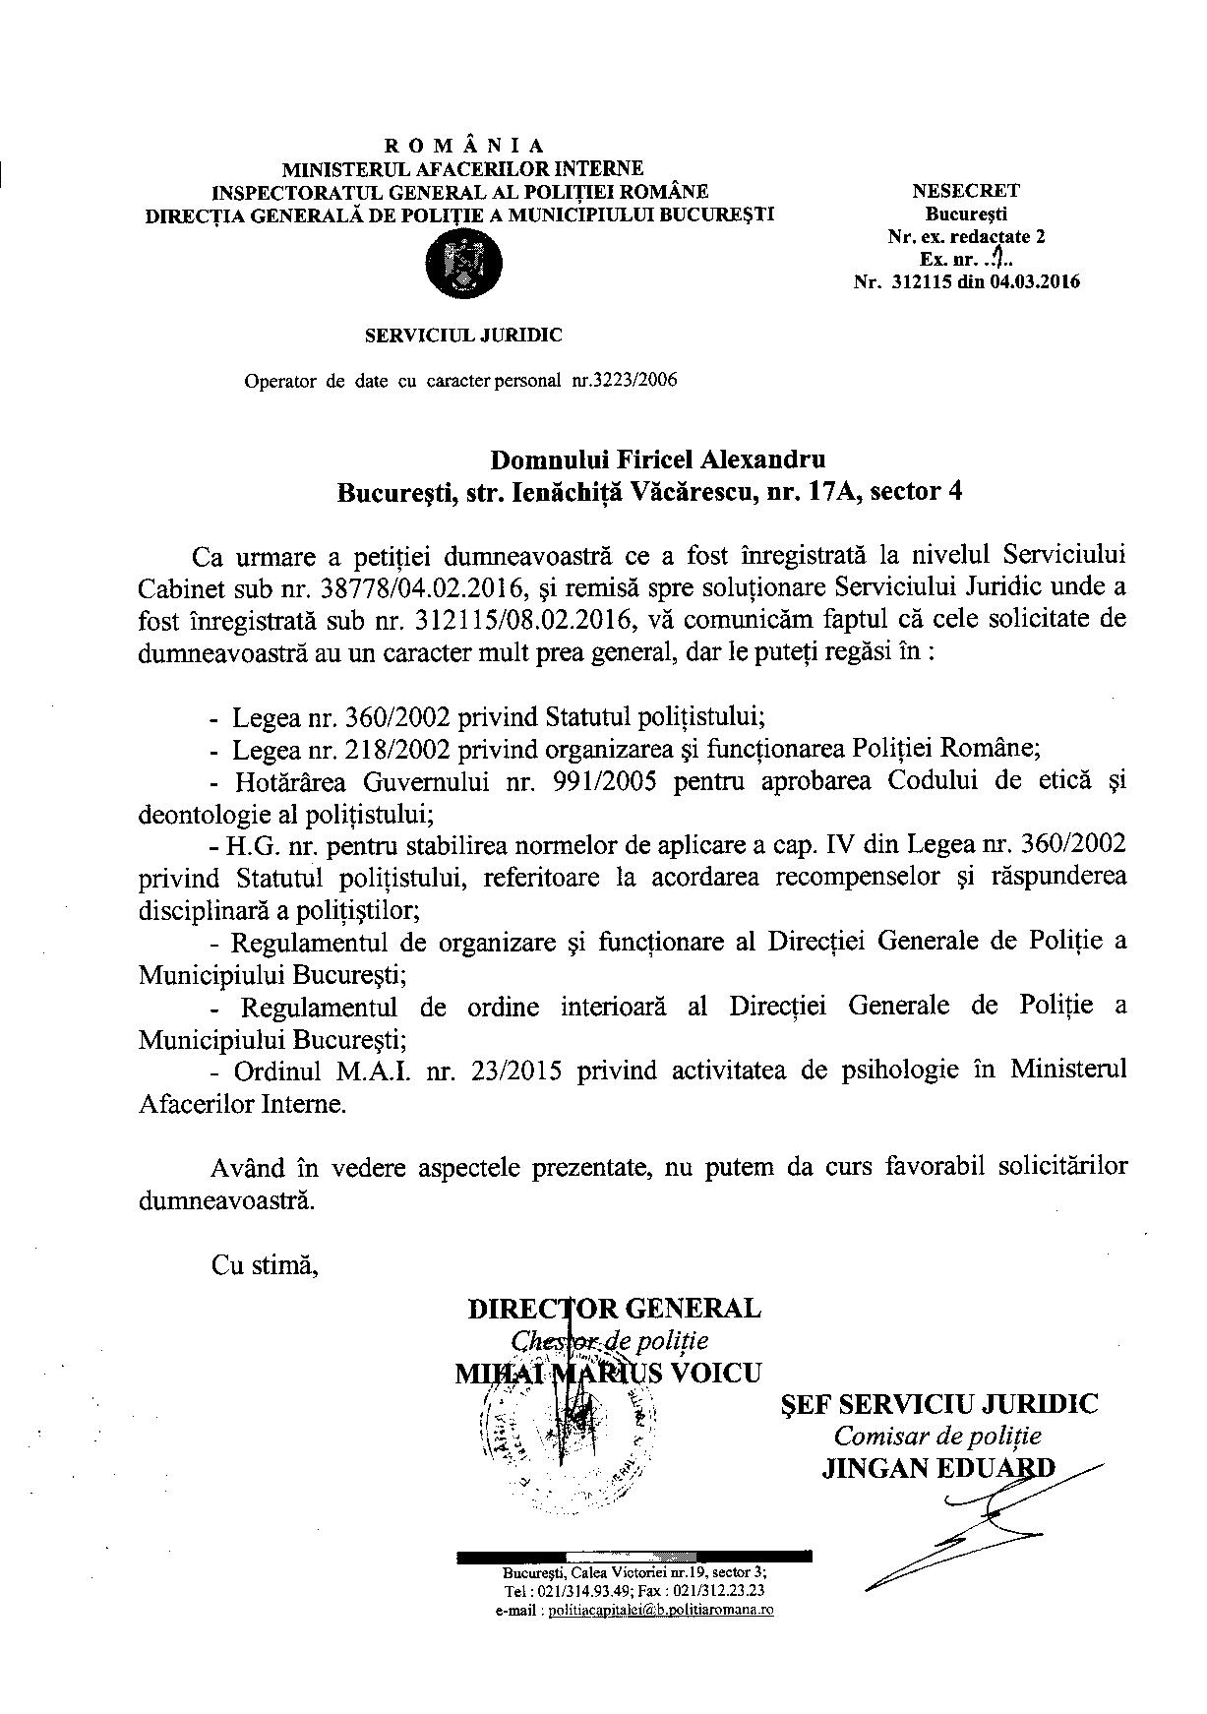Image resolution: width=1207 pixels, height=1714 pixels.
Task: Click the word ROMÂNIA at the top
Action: click(x=465, y=147)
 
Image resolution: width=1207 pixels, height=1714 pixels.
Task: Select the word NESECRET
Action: click(x=965, y=191)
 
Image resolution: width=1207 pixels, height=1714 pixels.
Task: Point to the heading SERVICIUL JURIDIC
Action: click(x=463, y=335)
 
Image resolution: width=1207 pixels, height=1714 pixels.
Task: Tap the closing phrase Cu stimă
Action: click(x=265, y=1264)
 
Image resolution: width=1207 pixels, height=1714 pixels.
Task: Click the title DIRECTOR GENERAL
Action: click(x=614, y=1309)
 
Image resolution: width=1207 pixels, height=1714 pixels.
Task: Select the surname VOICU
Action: click(x=715, y=1373)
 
